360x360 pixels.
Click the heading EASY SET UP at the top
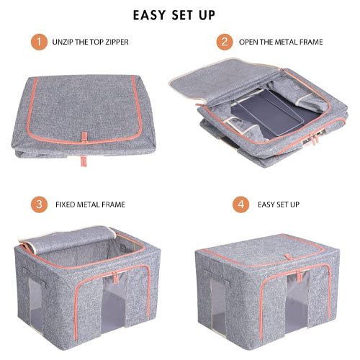(174, 15)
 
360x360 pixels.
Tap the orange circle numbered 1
(39, 42)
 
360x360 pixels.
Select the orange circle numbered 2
(225, 42)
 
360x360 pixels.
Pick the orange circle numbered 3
(39, 204)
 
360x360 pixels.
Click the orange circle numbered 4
(240, 204)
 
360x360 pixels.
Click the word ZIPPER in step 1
(117, 42)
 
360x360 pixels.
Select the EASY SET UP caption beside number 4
(279, 204)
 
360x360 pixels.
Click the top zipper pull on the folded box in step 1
(84, 138)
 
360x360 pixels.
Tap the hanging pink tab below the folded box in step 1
(84, 161)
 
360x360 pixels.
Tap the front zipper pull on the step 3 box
(115, 277)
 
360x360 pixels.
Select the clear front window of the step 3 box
(114, 303)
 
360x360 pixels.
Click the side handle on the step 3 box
(35, 276)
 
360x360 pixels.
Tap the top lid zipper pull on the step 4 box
(288, 257)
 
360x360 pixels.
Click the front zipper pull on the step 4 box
(299, 276)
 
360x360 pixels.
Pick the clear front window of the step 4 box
(297, 302)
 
